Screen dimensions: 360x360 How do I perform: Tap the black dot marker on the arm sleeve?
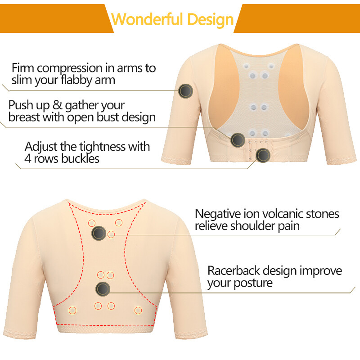pos(185,91)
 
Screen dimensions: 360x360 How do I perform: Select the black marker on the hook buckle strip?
pos(263,156)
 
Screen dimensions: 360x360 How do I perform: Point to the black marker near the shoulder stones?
pos(99,233)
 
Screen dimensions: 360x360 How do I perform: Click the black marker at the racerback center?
pos(103,288)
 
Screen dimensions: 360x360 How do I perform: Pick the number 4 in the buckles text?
pos(29,159)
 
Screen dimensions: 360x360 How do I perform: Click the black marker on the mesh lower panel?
pos(238,140)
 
